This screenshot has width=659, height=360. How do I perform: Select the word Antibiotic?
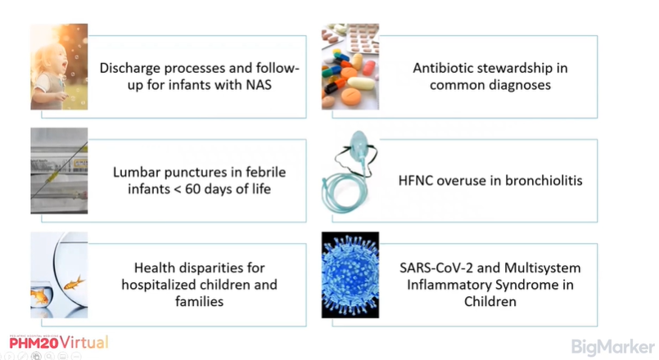point(446,68)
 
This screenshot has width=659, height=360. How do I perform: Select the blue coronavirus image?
point(360,276)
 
